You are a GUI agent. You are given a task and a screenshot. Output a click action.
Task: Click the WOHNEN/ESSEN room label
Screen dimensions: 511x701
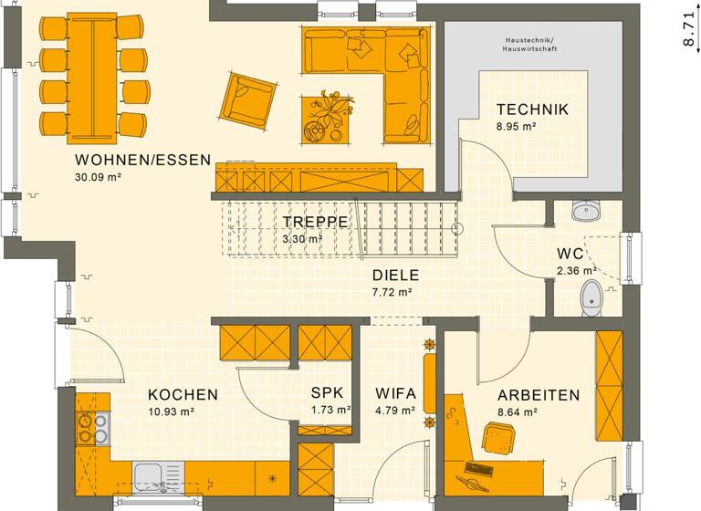coord(137,161)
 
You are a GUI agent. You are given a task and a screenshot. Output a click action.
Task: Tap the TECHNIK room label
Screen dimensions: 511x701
coord(532,109)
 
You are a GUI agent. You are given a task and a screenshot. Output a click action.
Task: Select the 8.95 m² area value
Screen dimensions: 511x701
coord(516,127)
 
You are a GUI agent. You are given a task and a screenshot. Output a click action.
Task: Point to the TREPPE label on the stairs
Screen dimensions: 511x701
coord(313,222)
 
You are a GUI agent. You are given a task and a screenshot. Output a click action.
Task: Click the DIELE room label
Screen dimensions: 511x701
coord(395,275)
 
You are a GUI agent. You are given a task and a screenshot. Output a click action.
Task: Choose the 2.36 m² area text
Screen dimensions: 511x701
coord(576,270)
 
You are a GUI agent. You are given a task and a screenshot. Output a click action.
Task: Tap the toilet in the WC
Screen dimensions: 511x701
coord(592,296)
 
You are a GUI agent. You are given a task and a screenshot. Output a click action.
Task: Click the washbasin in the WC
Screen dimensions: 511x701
coord(585,213)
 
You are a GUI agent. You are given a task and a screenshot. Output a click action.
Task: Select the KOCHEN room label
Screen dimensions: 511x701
coord(183,395)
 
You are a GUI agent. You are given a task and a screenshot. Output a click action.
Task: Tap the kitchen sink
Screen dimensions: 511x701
coord(152,475)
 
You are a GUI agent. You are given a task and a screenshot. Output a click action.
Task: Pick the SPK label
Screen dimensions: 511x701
coord(327,393)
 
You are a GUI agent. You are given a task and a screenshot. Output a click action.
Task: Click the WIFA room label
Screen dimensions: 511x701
coord(395,393)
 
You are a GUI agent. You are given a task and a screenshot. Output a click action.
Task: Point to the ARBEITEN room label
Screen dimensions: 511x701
coord(539,395)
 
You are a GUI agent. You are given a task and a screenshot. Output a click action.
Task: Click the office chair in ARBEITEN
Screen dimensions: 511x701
coord(497,439)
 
